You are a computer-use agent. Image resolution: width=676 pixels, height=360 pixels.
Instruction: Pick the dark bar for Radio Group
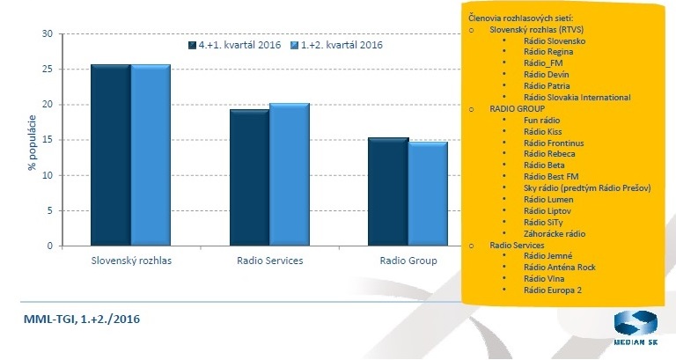(387, 192)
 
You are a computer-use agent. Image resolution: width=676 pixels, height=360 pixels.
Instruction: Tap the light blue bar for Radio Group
(428, 194)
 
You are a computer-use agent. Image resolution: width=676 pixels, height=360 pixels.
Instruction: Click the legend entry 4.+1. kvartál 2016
(236, 45)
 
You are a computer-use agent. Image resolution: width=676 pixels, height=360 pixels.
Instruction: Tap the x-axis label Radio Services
(269, 261)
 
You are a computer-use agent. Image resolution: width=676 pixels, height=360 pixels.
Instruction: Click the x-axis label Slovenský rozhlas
(131, 261)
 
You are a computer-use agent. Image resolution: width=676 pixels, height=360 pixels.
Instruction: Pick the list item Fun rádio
(541, 119)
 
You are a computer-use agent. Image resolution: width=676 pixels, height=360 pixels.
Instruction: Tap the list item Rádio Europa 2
(554, 290)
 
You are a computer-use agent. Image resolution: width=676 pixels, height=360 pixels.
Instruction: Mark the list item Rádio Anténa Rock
(560, 267)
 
